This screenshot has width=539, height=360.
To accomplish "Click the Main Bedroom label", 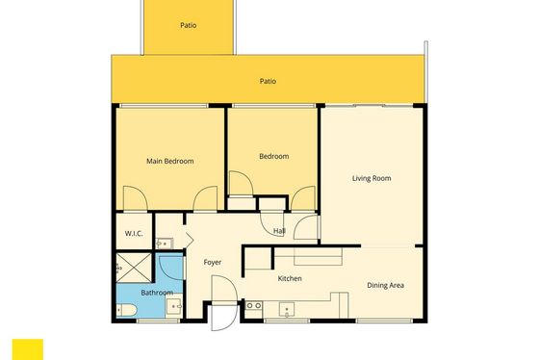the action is click(170, 161).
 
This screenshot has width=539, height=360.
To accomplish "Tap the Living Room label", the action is click(372, 178).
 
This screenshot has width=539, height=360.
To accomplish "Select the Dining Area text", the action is click(385, 285).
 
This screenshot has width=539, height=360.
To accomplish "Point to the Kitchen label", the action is click(290, 278).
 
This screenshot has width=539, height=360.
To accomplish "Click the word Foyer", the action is click(213, 263).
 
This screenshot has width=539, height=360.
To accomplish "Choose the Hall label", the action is click(279, 231).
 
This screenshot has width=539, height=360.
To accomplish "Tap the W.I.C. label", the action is click(134, 234).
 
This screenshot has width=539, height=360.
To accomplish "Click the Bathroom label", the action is click(157, 293).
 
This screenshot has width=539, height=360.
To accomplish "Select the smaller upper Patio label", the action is click(189, 25).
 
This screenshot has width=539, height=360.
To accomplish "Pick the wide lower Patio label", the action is click(268, 81).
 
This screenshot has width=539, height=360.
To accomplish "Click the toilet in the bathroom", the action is click(126, 310).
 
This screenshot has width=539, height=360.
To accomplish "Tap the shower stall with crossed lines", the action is click(134, 268).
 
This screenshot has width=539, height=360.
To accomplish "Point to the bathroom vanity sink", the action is click(174, 306).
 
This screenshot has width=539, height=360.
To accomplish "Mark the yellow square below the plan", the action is click(28, 349).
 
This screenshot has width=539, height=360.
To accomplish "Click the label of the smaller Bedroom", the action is click(274, 157).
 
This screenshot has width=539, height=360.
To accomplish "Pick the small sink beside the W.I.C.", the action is click(165, 244).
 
